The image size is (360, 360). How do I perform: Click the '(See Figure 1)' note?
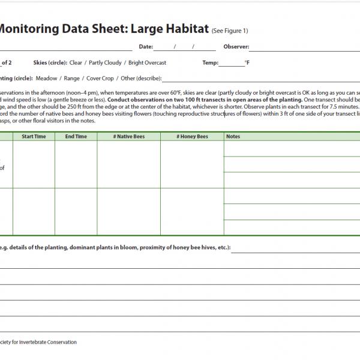tap(230, 31)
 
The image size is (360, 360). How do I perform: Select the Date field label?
tap(146, 46)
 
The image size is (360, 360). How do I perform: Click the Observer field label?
tap(236, 46)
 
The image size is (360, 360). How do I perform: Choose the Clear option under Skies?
tap(76, 62)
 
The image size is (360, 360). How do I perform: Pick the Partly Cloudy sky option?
tap(106, 62)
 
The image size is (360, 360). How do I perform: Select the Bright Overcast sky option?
tap(148, 62)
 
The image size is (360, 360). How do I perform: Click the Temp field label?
tap(211, 62)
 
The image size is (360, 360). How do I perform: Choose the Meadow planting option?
tap(47, 78)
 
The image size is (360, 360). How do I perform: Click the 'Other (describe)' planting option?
tap(142, 78)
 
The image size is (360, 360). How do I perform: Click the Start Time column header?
tap(34, 137)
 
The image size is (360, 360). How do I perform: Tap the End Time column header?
tap(76, 137)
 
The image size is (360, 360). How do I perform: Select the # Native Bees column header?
tap(128, 137)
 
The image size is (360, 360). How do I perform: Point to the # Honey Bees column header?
tap(192, 137)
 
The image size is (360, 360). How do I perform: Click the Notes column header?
tap(233, 137)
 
